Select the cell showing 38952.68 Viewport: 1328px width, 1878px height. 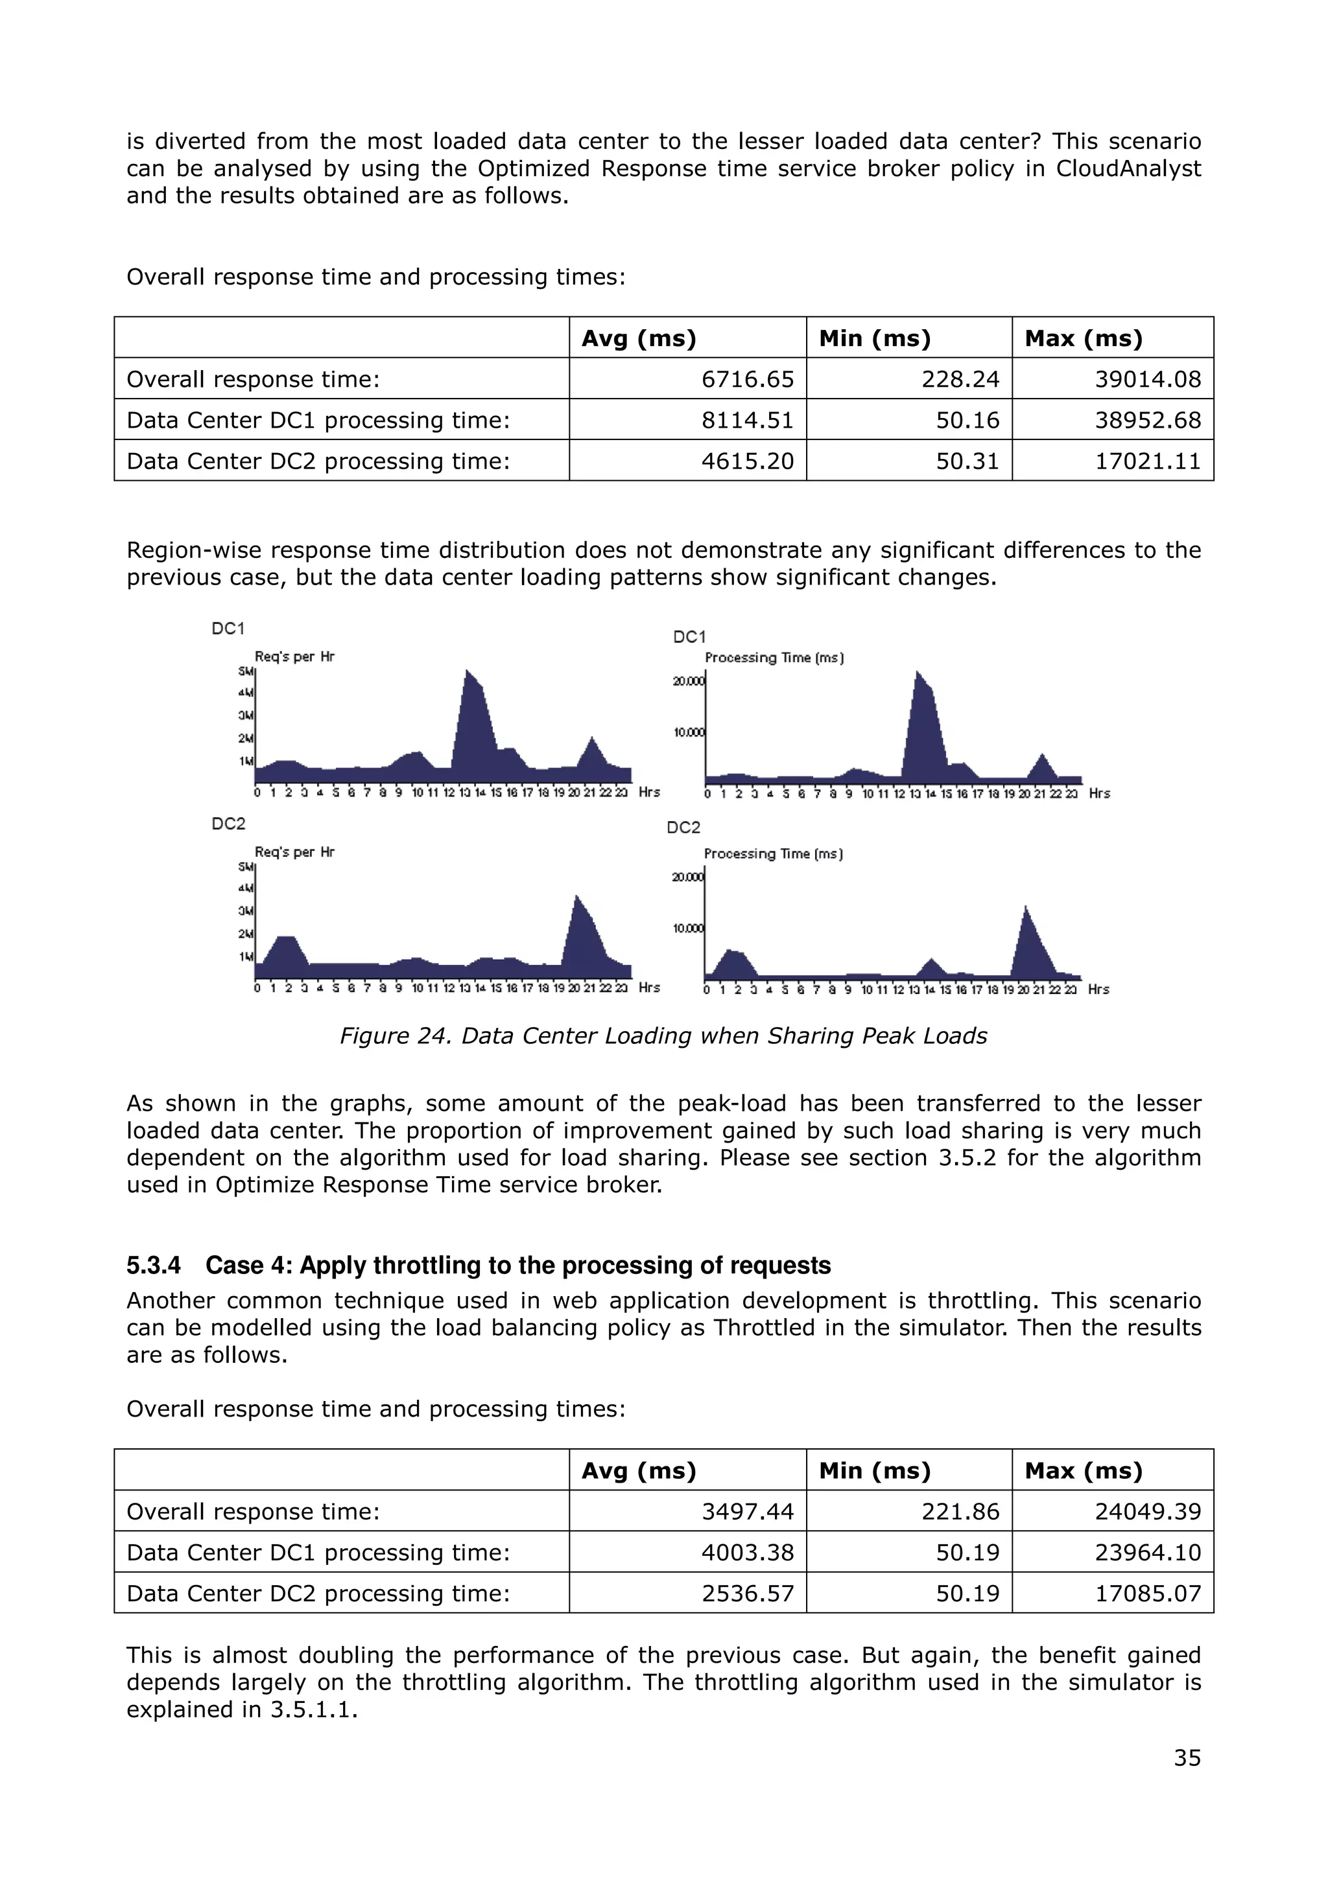[1147, 420]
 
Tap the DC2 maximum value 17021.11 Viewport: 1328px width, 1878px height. [1147, 461]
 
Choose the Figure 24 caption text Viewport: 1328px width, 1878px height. [663, 1036]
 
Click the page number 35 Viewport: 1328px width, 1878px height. [1187, 1757]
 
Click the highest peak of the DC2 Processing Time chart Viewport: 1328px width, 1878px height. [1025, 907]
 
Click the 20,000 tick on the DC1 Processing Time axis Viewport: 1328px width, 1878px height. [687, 681]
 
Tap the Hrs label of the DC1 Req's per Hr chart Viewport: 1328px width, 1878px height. [649, 792]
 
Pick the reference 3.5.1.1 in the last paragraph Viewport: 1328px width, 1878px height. [313, 1710]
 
